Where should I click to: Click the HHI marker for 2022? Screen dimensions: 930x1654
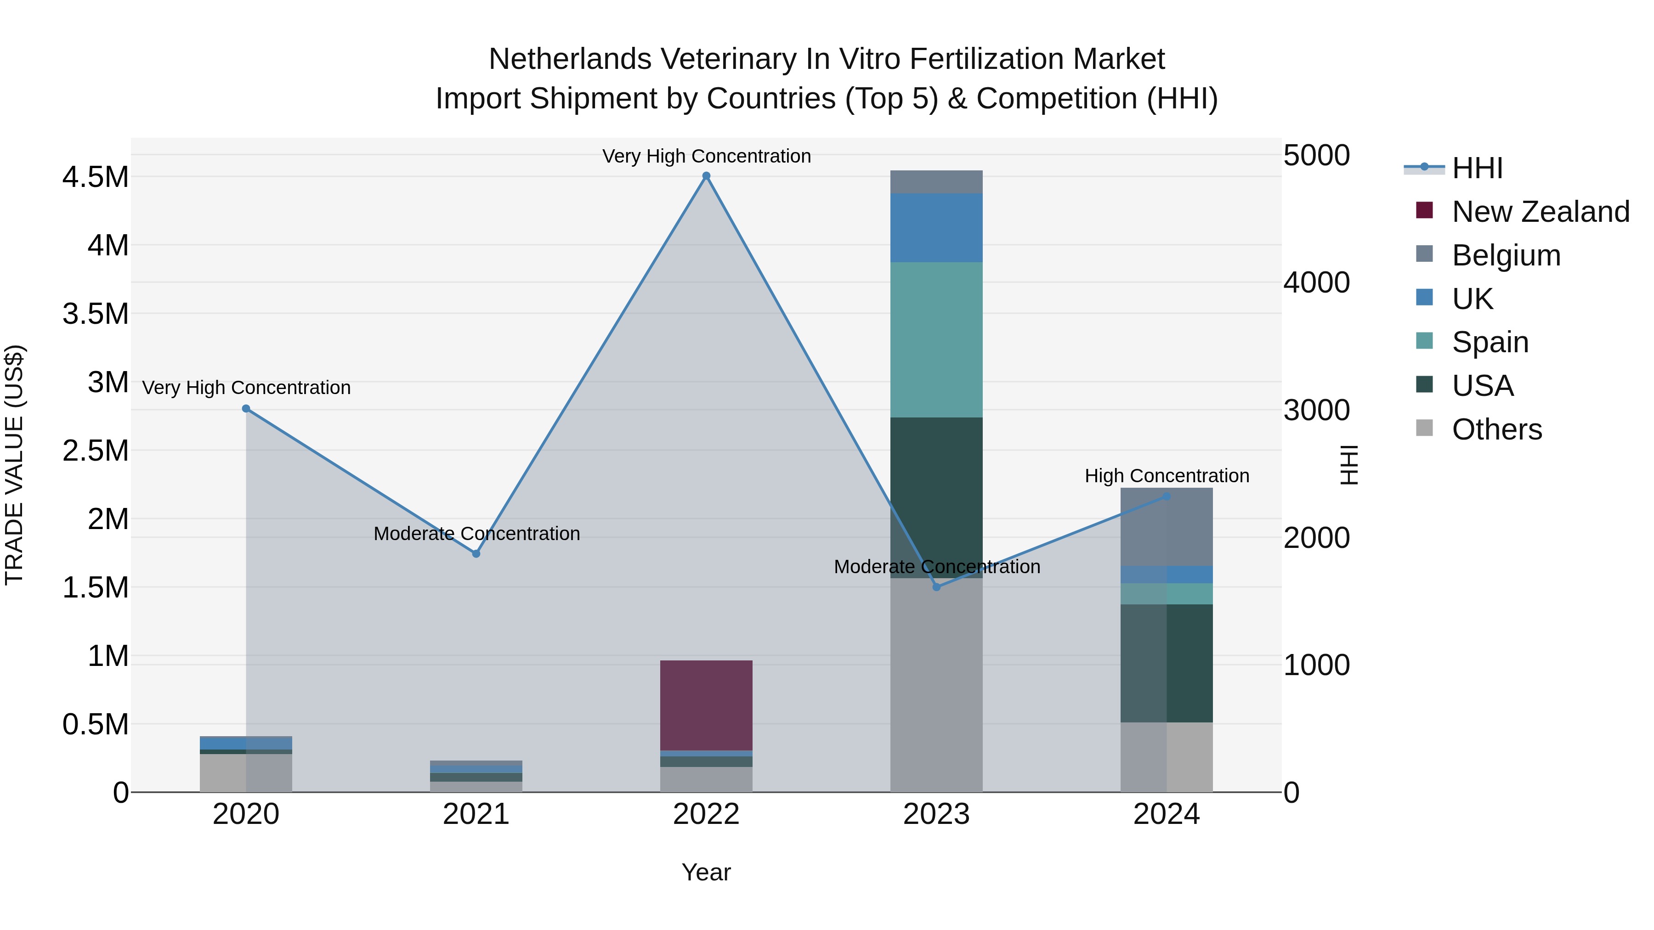(x=706, y=176)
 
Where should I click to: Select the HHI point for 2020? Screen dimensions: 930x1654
(x=246, y=409)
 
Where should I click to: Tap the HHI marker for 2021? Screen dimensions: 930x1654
(x=476, y=554)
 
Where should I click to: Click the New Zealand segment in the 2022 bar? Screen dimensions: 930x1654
(x=706, y=705)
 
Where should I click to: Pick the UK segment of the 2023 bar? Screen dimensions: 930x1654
(x=936, y=227)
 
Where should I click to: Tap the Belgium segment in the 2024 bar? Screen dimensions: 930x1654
(x=1167, y=527)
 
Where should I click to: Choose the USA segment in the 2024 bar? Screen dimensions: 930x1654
(x=1167, y=663)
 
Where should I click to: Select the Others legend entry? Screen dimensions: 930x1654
(x=1496, y=429)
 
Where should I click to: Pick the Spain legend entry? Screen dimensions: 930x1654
(x=1490, y=342)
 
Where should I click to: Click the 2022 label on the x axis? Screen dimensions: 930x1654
(x=706, y=814)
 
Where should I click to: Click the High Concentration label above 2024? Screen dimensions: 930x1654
(x=1167, y=476)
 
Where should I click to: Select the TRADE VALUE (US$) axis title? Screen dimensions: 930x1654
(x=14, y=465)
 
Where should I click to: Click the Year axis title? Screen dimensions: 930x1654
(x=706, y=872)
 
